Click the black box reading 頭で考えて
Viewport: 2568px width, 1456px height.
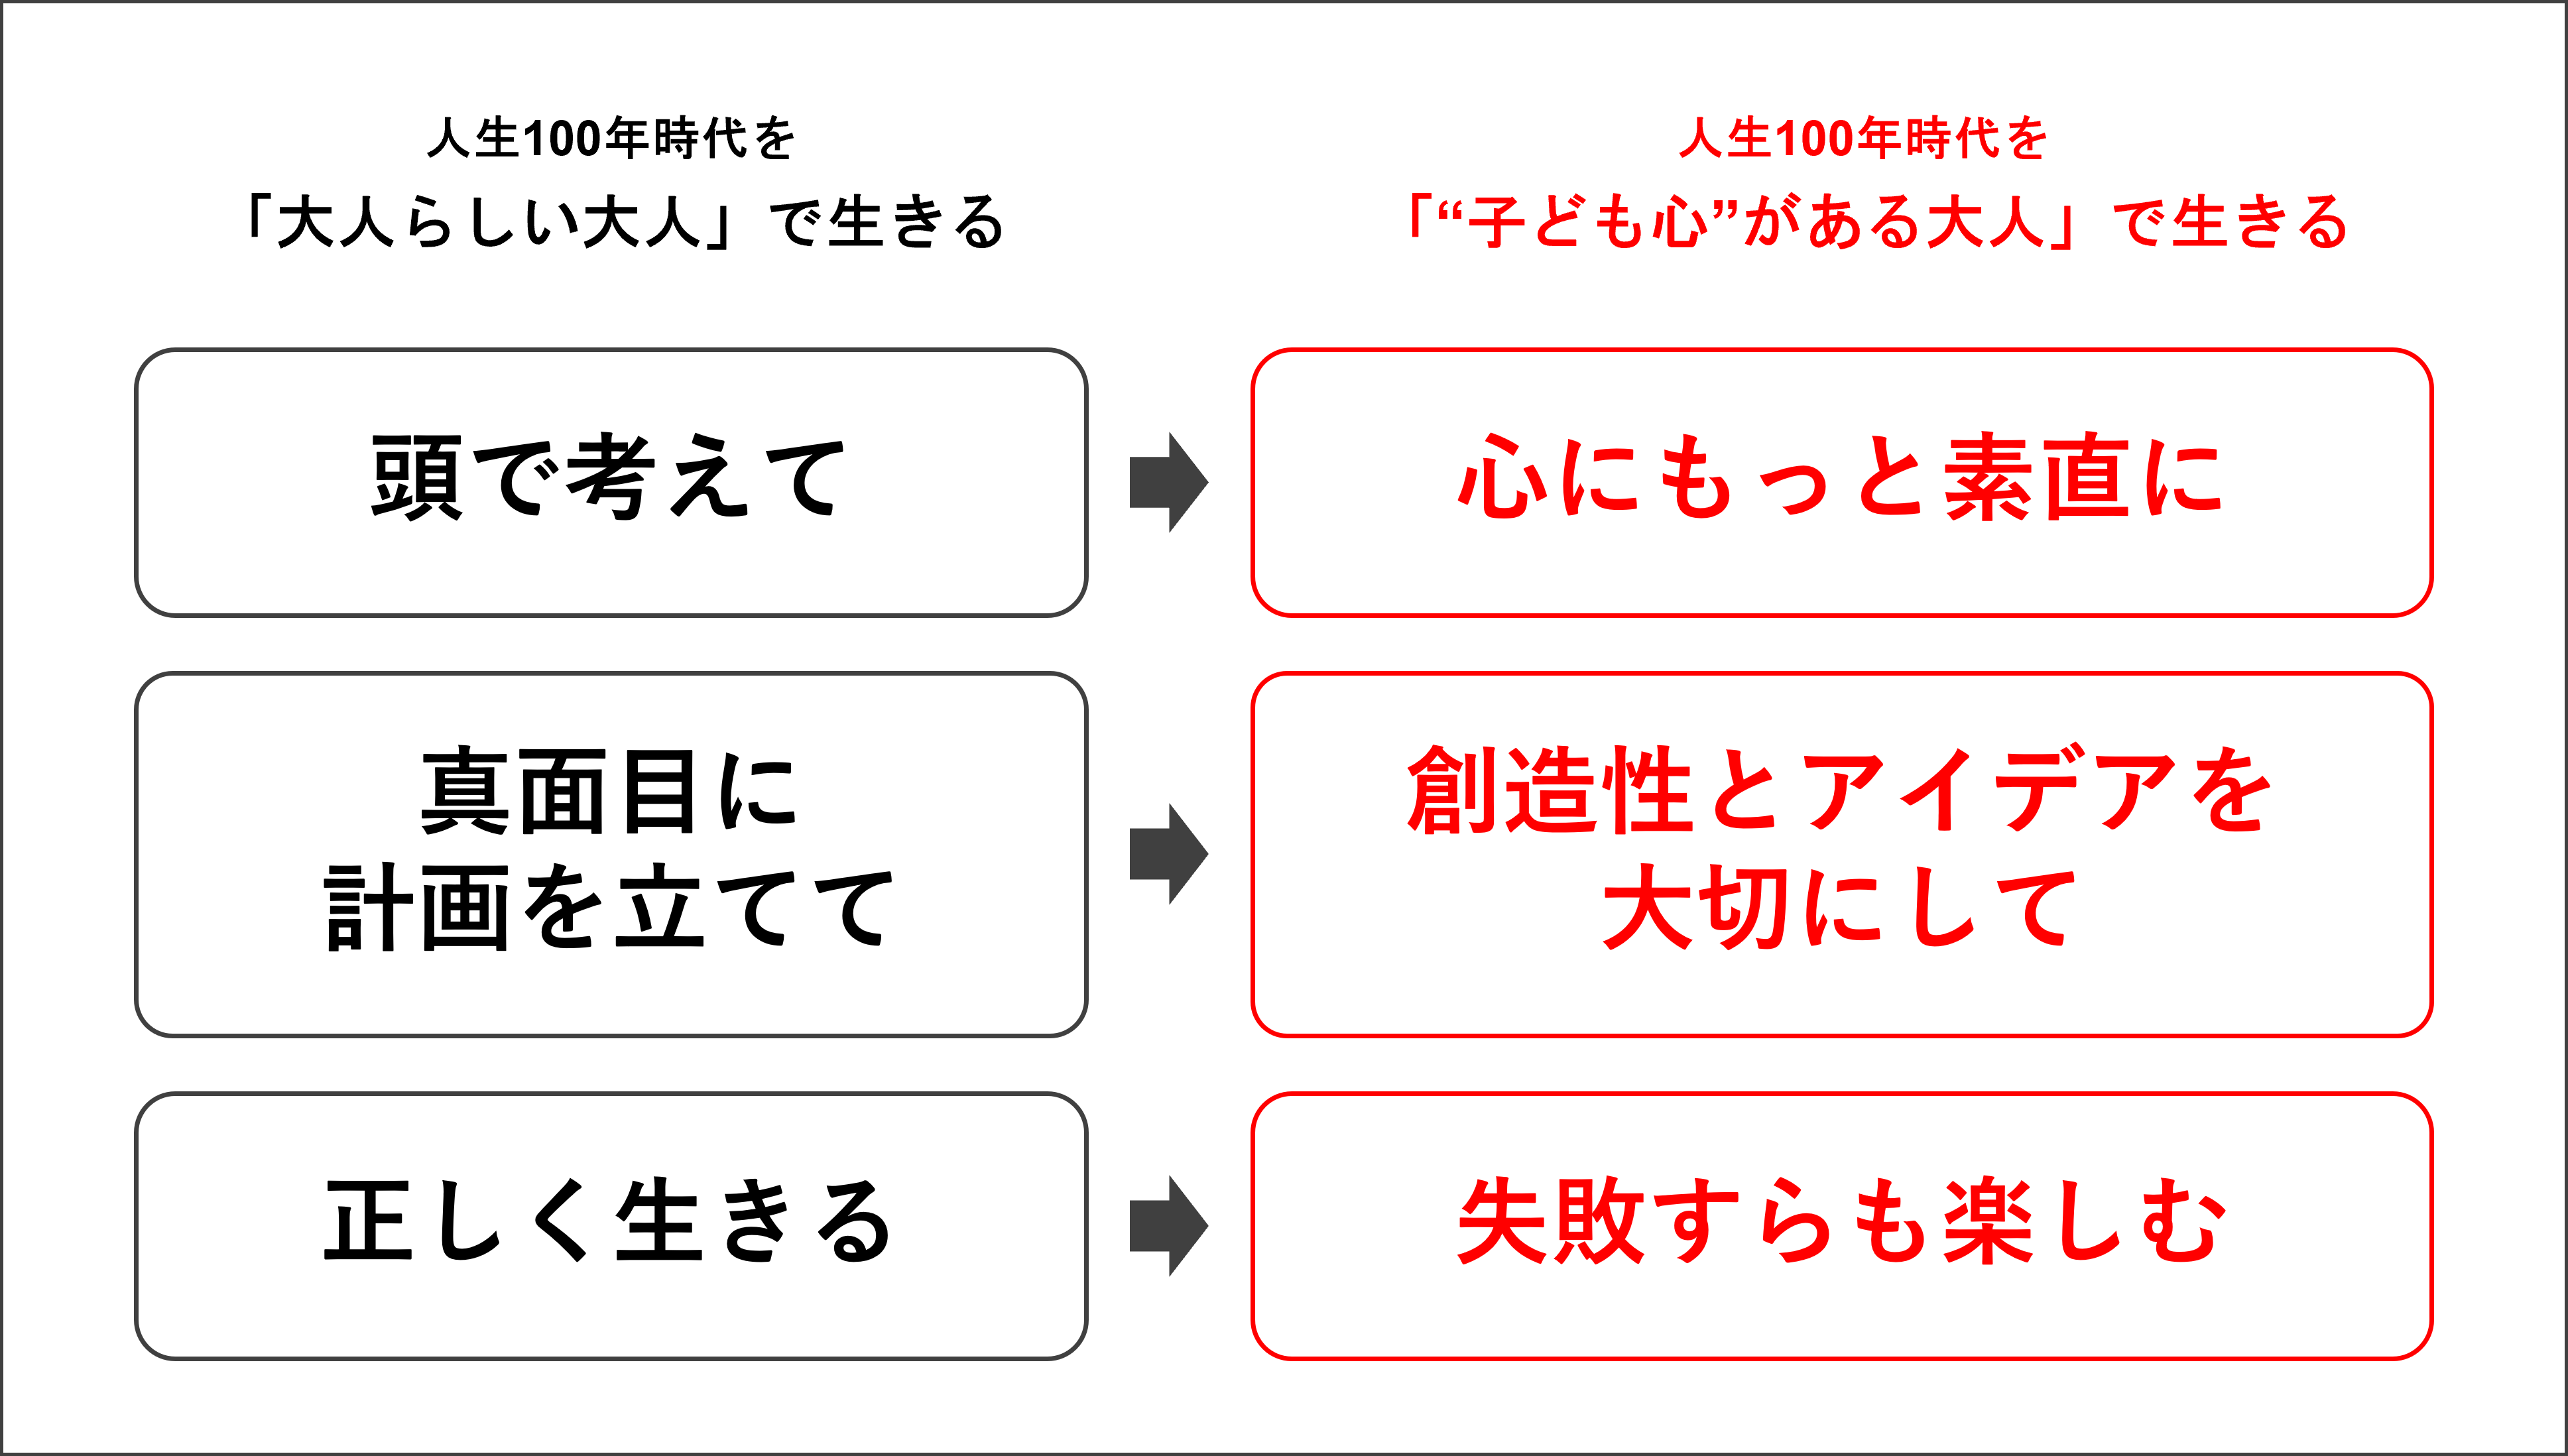pyautogui.click(x=610, y=482)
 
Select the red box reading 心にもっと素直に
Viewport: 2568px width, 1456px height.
pyautogui.click(x=1841, y=482)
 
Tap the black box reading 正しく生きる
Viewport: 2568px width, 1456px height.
pyautogui.click(x=610, y=1225)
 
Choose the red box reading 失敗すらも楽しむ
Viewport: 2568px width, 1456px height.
pyautogui.click(x=1841, y=1225)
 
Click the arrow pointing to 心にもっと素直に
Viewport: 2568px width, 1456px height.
pyautogui.click(x=1168, y=482)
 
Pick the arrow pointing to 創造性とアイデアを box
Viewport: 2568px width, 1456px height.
pyautogui.click(x=1168, y=853)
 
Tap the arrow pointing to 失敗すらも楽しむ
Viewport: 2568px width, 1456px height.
pyautogui.click(x=1168, y=1225)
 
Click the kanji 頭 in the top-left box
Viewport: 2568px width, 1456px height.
pyautogui.click(x=416, y=478)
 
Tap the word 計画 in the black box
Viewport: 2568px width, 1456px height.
pyautogui.click(x=416, y=908)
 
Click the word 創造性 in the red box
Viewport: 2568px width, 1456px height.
pyautogui.click(x=1549, y=790)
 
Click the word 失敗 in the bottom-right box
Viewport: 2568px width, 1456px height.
pyautogui.click(x=1549, y=1222)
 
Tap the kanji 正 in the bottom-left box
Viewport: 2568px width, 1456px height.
pyautogui.click(x=368, y=1222)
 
